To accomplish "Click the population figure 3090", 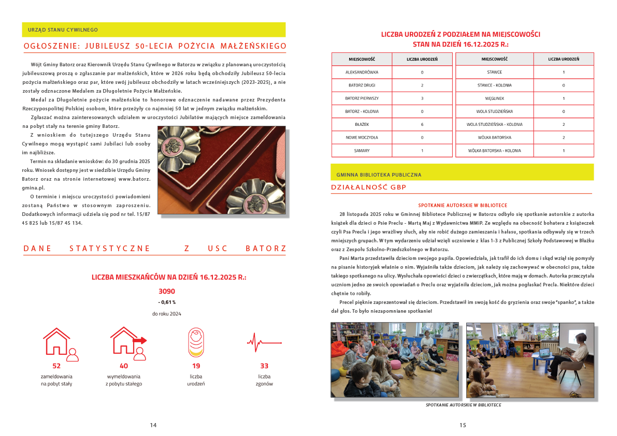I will (166, 291).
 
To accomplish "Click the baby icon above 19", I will (195, 342).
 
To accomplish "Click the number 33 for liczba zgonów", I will (264, 366).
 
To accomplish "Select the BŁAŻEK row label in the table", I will (362, 124).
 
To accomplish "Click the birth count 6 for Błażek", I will (422, 124).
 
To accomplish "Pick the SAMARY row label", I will (362, 151).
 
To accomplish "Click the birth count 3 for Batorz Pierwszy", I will (422, 98).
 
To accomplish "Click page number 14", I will (153, 425).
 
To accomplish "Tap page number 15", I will (463, 425).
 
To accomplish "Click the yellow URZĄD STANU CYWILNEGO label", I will (63, 30).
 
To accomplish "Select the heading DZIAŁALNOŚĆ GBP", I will (369, 187).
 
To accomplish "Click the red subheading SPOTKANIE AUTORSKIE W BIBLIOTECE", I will (463, 206).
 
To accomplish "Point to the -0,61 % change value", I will (166, 302).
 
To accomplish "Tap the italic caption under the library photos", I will (463, 405).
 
